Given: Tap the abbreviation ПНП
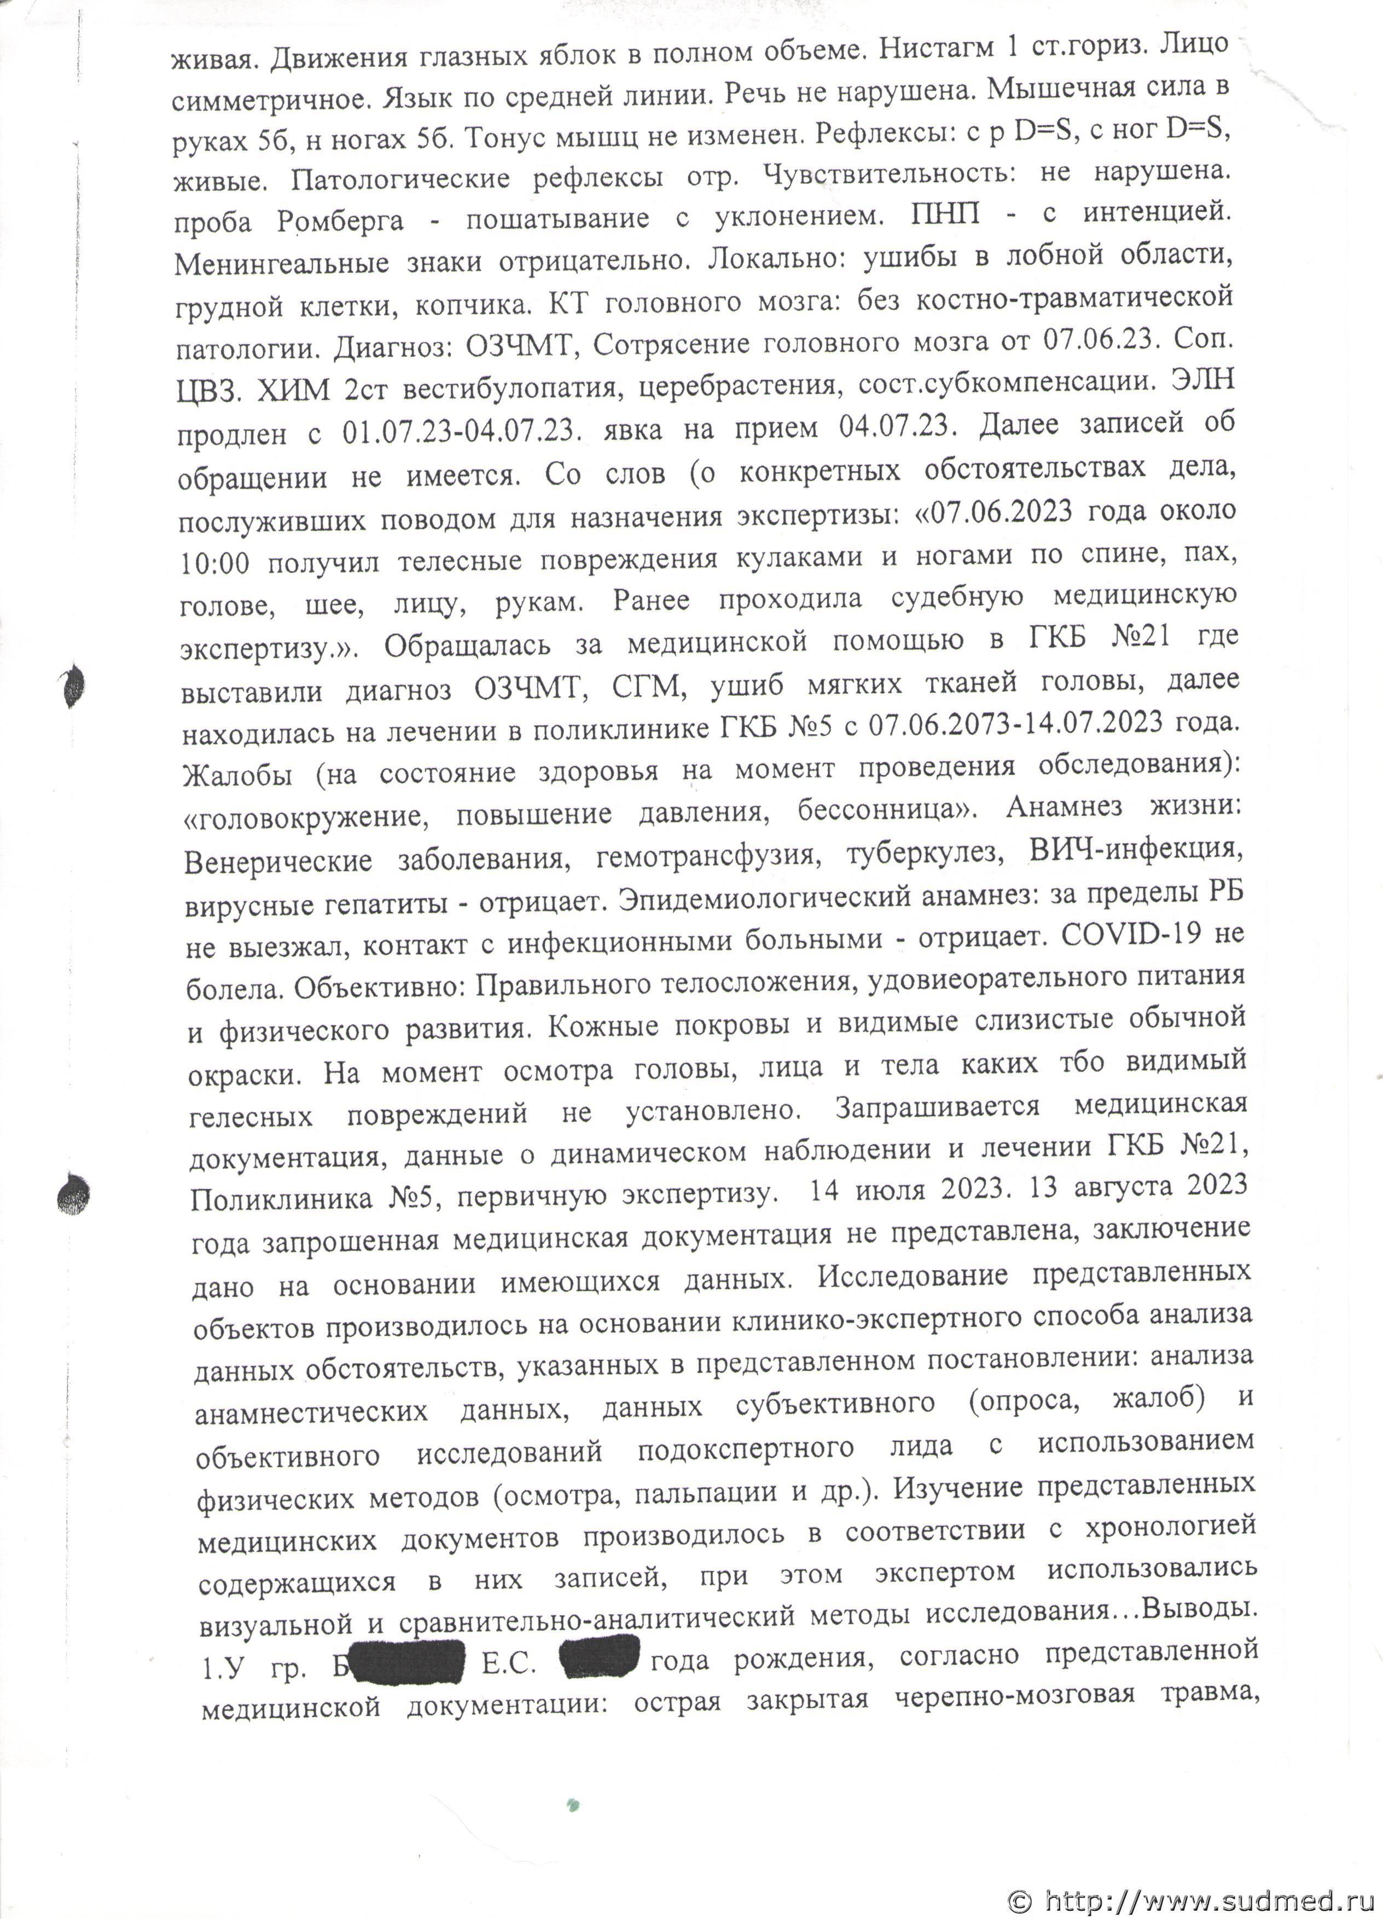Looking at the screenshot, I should tap(946, 214).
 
